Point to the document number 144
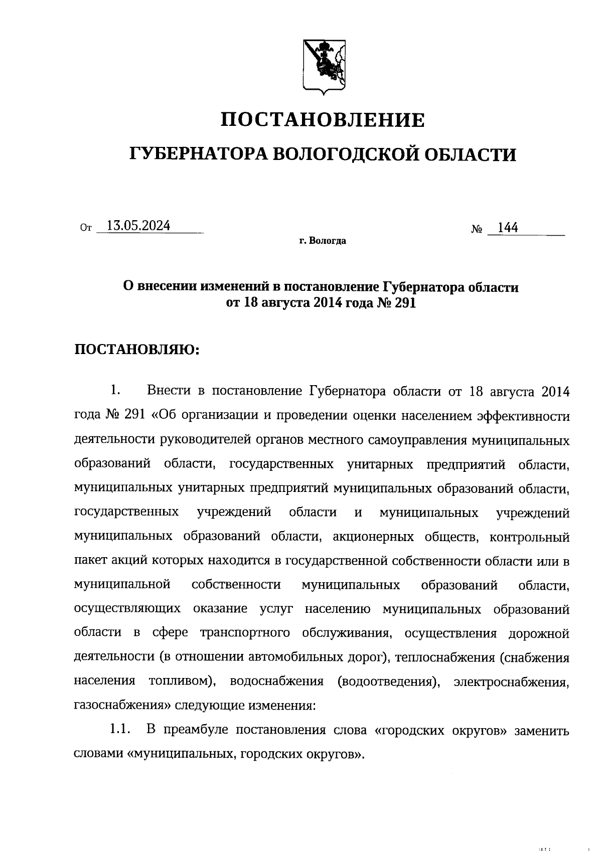click(x=508, y=228)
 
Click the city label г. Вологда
click(x=323, y=241)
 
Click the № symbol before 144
click(x=477, y=230)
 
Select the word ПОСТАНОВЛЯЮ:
click(x=137, y=350)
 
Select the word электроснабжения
click(x=511, y=682)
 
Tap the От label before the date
click(x=86, y=229)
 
